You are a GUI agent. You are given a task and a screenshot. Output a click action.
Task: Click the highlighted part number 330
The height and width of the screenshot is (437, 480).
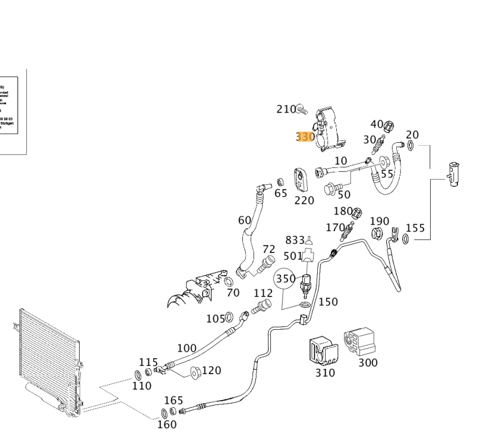305,137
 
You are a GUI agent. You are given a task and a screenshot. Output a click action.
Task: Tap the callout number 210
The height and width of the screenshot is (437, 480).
286,109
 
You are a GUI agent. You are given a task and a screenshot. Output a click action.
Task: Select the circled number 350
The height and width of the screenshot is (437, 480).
285,278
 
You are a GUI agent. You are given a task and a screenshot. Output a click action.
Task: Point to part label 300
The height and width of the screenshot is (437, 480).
368,362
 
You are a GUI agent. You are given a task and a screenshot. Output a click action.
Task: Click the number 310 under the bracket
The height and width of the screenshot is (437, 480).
325,373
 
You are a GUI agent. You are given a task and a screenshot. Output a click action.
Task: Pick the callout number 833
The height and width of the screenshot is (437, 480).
295,240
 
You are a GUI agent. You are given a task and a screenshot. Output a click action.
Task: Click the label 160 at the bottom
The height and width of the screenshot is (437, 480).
167,425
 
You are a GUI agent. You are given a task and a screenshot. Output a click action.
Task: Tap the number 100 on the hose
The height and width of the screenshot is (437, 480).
187,347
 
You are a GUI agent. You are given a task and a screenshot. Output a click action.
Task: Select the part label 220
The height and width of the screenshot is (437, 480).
304,200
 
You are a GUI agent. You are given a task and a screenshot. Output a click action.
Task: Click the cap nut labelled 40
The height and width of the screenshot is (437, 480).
390,126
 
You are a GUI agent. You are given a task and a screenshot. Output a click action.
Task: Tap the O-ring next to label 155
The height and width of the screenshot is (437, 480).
405,239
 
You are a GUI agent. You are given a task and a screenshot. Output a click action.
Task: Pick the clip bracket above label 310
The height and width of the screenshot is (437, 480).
321,352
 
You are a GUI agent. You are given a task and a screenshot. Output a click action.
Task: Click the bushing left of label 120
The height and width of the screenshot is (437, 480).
194,372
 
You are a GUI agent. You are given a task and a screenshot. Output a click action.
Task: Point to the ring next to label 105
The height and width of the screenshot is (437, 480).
229,319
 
